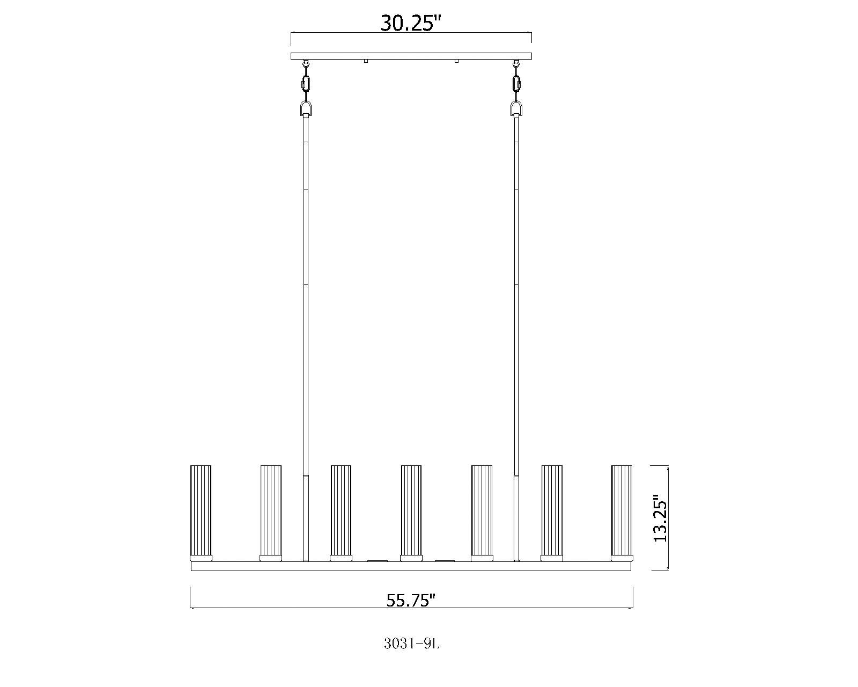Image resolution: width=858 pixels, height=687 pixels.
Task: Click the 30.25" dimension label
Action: click(x=411, y=23)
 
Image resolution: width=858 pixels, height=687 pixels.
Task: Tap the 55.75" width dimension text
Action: click(x=411, y=600)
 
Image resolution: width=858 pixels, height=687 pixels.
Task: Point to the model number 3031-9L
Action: click(x=412, y=644)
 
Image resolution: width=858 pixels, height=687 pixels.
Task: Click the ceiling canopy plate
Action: click(x=411, y=56)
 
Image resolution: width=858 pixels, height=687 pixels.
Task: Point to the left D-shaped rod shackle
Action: click(x=306, y=110)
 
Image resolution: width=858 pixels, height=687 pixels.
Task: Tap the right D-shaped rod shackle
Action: click(x=516, y=110)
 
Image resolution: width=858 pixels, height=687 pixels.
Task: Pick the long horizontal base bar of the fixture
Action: click(x=411, y=566)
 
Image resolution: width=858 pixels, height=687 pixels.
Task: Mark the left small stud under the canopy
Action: click(x=366, y=61)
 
